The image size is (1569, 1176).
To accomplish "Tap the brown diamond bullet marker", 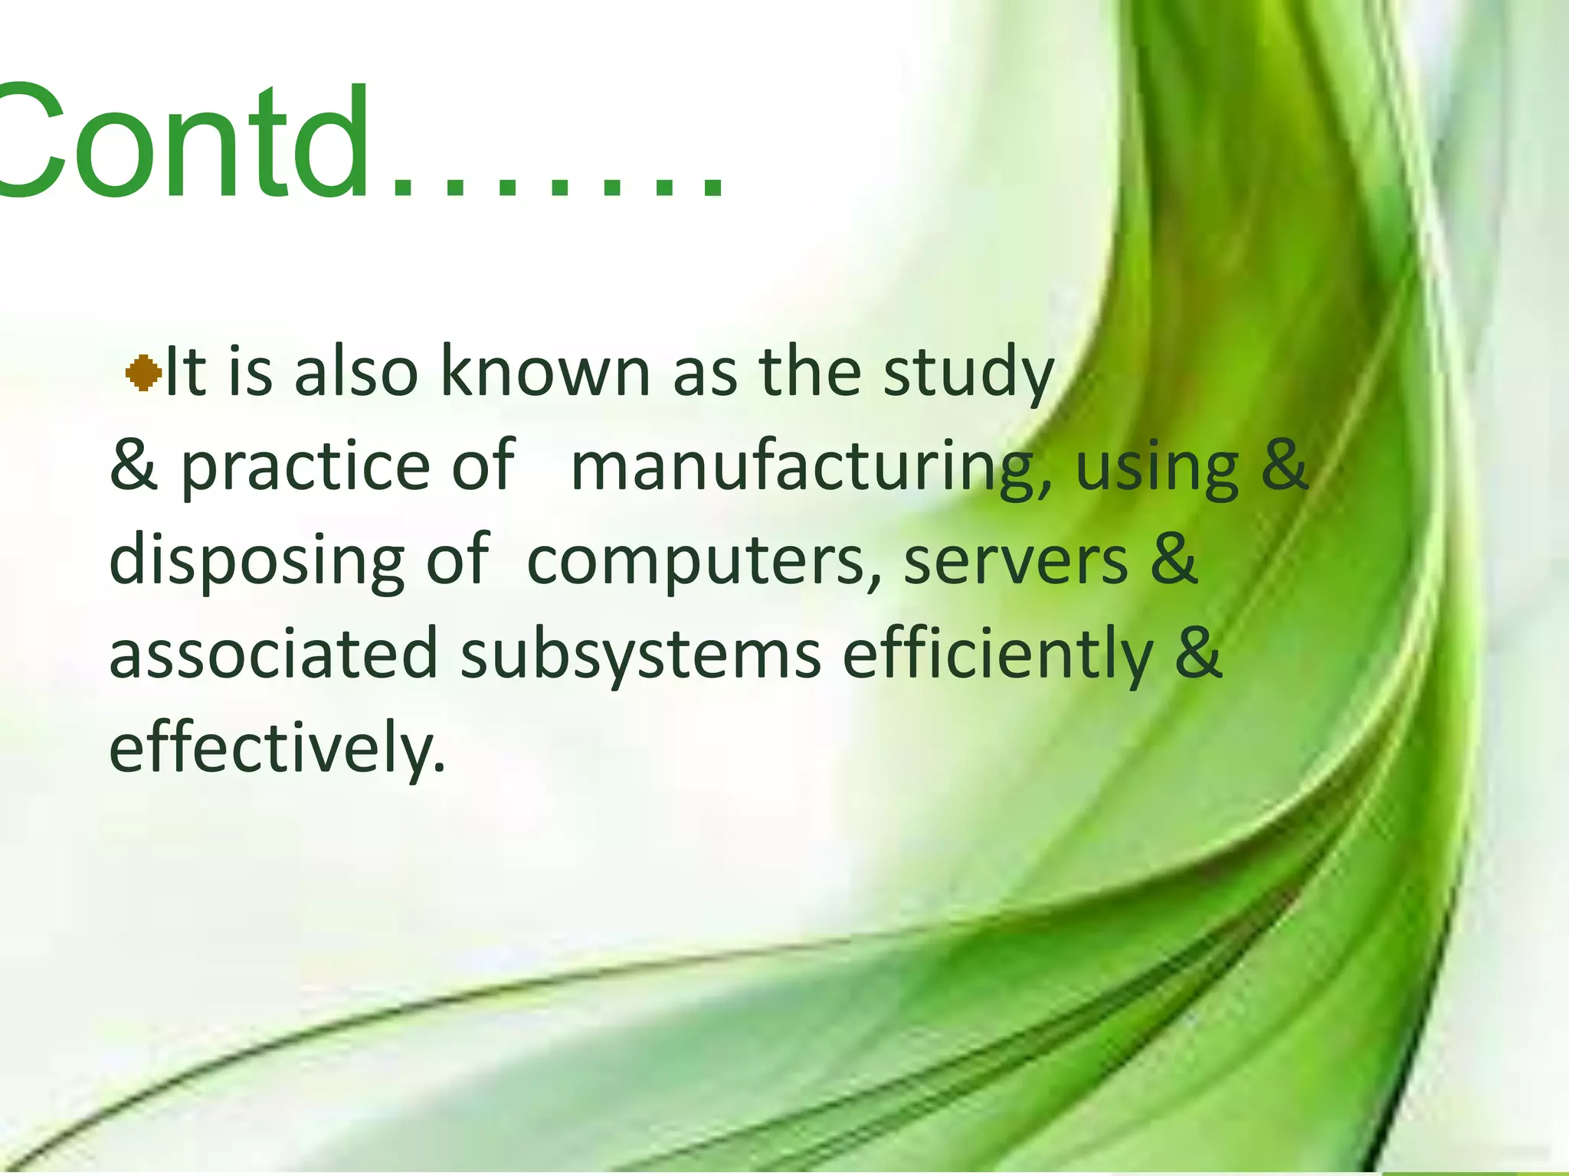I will (143, 374).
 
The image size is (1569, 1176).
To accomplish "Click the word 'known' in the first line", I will (545, 372).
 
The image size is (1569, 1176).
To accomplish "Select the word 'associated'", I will (274, 655).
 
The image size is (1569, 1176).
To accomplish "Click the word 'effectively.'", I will (277, 748).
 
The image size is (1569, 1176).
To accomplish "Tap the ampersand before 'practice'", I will (134, 467).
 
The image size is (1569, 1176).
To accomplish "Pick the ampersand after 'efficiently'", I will (1199, 655).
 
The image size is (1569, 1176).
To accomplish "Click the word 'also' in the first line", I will (356, 372).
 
